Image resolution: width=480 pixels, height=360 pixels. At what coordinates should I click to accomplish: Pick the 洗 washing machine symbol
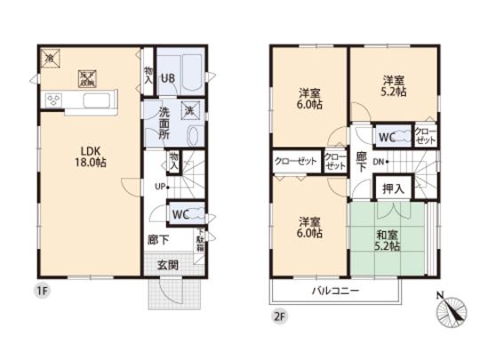tap(189, 110)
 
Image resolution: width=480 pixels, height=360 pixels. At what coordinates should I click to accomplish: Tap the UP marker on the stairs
tap(159, 187)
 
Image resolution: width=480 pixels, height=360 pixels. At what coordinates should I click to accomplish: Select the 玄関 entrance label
tap(169, 264)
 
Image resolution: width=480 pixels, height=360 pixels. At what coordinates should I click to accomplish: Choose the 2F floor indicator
tap(279, 313)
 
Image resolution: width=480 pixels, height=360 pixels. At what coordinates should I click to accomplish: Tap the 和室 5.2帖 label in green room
tap(388, 231)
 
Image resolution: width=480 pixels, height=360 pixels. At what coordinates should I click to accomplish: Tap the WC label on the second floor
tap(388, 138)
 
